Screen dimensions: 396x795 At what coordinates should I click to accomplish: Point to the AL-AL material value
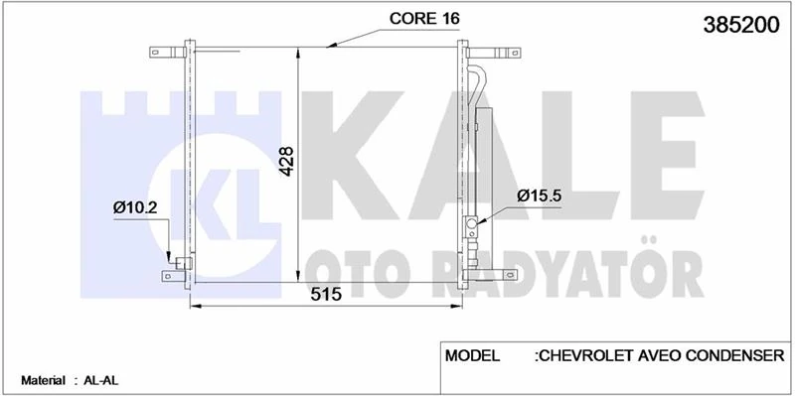(x=98, y=380)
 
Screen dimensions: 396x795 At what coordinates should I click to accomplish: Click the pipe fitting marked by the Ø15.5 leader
(x=473, y=225)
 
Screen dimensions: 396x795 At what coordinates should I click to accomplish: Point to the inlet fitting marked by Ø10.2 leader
(x=182, y=263)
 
